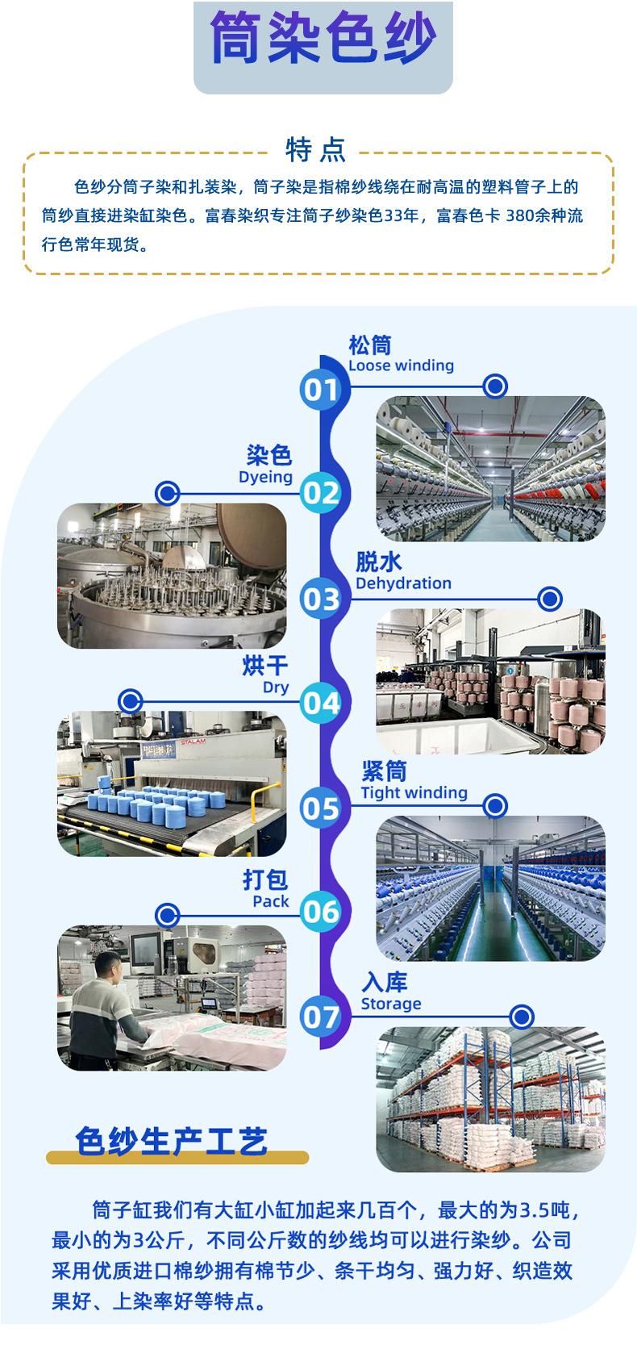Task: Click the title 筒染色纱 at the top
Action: [323, 38]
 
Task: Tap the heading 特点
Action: [316, 149]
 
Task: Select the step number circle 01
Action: [320, 390]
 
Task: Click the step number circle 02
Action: [320, 493]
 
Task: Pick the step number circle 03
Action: [320, 599]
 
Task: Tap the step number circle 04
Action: [320, 703]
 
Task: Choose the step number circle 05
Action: [320, 808]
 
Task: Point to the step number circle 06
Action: [320, 912]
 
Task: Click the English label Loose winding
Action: [401, 365]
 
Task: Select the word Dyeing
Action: [265, 477]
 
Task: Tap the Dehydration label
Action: [403, 583]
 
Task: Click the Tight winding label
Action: [414, 793]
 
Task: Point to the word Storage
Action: [391, 1004]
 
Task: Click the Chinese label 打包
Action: [265, 879]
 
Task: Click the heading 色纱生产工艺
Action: [171, 1141]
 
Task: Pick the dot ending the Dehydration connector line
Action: [549, 599]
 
